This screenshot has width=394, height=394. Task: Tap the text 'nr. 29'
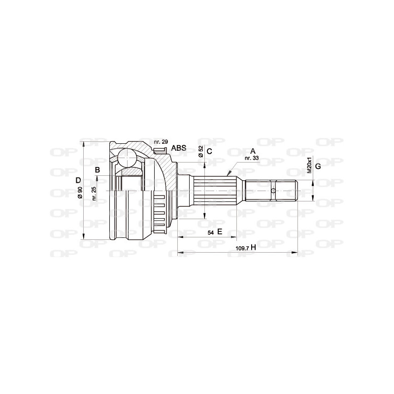coord(161,142)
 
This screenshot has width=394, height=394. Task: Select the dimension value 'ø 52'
coord(201,152)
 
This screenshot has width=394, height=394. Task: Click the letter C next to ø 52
coord(209,152)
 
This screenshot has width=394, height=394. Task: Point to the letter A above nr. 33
coord(253,151)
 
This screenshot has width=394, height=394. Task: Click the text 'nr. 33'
coord(251,159)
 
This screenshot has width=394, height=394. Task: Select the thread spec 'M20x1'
coord(310,165)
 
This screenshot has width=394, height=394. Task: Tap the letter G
coord(318,166)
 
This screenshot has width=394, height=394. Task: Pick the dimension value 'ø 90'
coord(80,191)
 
